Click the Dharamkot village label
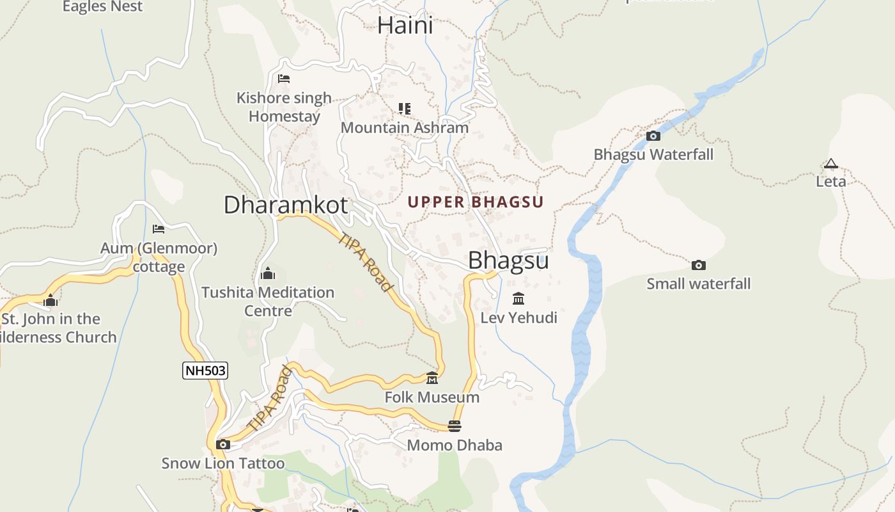point(286,205)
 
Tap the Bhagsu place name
point(508,260)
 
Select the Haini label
point(405,26)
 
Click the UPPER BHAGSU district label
point(476,202)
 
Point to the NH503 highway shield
point(205,371)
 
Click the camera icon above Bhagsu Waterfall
point(653,136)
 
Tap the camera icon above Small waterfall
point(699,265)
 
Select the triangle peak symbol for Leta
point(830,164)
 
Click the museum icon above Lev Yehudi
point(518,299)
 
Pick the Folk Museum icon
point(432,378)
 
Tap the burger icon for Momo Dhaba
point(455,426)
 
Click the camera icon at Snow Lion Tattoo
point(223,444)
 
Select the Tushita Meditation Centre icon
point(268,274)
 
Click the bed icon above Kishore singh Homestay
point(284,79)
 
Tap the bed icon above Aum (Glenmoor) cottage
point(159,228)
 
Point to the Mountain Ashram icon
point(404,108)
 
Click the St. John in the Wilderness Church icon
point(51,300)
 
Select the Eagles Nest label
point(102,7)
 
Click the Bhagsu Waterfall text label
point(653,155)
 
